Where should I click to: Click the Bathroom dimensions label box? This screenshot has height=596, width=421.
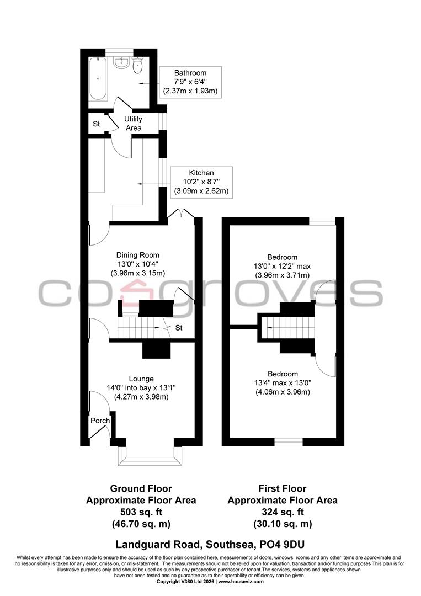coord(190,82)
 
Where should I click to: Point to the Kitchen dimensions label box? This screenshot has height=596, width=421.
coord(201,182)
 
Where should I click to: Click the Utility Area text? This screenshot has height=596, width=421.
coord(133,123)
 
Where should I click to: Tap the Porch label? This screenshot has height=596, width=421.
coord(100,421)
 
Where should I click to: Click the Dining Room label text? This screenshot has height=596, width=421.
coord(137,255)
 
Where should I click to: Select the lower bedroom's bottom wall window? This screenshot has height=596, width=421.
coord(289,441)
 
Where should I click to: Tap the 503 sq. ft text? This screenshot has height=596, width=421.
coord(141,512)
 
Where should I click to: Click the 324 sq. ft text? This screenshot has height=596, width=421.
coord(283,512)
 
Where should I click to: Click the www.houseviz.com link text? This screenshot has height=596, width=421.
coord(241,581)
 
